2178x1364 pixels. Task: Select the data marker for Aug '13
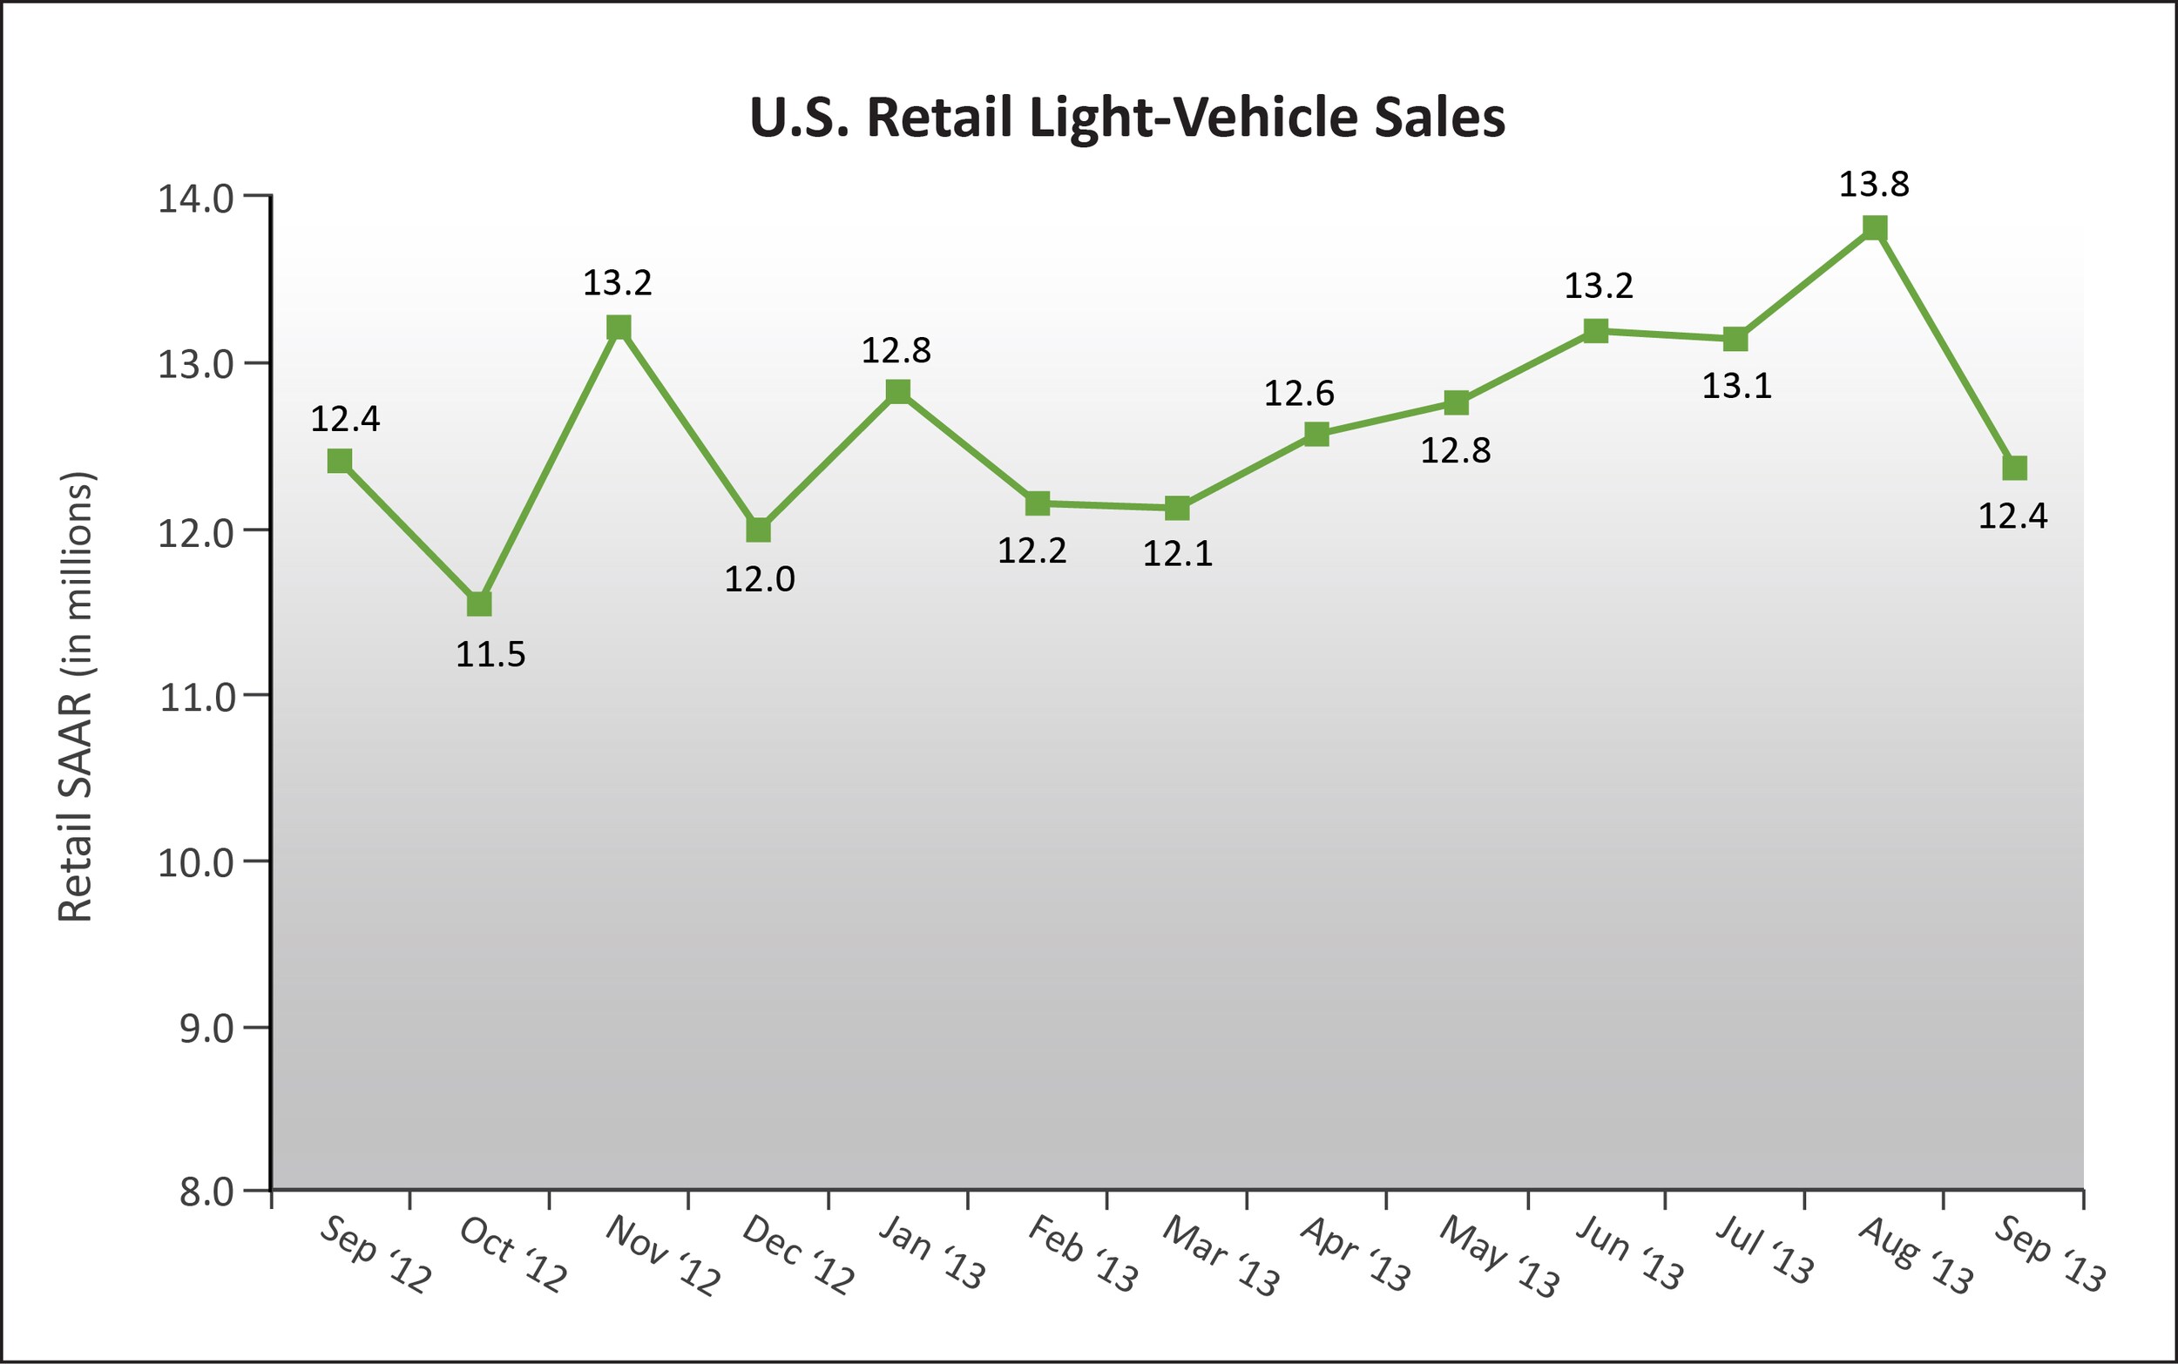point(1875,227)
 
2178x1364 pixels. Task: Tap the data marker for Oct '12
point(479,603)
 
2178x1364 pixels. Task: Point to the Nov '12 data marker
point(619,327)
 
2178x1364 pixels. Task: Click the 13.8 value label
point(1874,184)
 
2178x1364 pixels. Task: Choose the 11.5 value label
point(490,655)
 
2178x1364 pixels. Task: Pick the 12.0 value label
point(760,579)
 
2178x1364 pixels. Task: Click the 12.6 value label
point(1298,394)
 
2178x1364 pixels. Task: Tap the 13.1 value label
point(1737,386)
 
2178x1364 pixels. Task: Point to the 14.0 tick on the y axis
point(197,199)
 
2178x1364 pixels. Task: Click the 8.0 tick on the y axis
point(206,1192)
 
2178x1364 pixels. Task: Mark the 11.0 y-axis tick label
point(197,698)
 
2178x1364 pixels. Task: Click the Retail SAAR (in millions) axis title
point(76,697)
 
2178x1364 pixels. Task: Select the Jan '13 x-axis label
point(932,1253)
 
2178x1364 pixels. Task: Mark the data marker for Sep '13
point(2015,467)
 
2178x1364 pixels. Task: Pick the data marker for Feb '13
point(1038,503)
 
